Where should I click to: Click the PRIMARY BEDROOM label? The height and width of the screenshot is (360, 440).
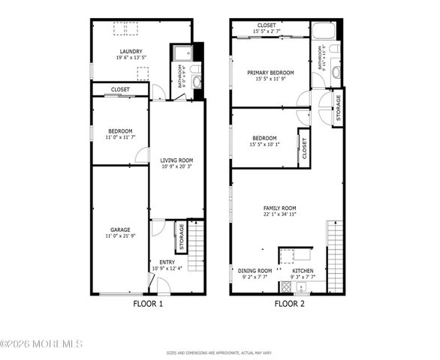270,73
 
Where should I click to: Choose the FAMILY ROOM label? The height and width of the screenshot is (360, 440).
279,208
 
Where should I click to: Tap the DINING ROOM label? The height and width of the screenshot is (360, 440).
255,271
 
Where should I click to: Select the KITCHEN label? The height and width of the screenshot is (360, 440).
303,271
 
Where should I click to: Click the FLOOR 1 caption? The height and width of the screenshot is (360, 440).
147,304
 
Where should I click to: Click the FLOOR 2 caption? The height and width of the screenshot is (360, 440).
289,304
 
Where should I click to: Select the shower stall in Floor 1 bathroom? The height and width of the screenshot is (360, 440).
182,52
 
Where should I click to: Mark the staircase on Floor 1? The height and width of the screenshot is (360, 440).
195,244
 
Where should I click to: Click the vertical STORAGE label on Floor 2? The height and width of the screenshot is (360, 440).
338,108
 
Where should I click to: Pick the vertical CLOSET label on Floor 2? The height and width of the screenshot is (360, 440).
304,147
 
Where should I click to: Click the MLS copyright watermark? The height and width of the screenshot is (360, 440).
41,343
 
